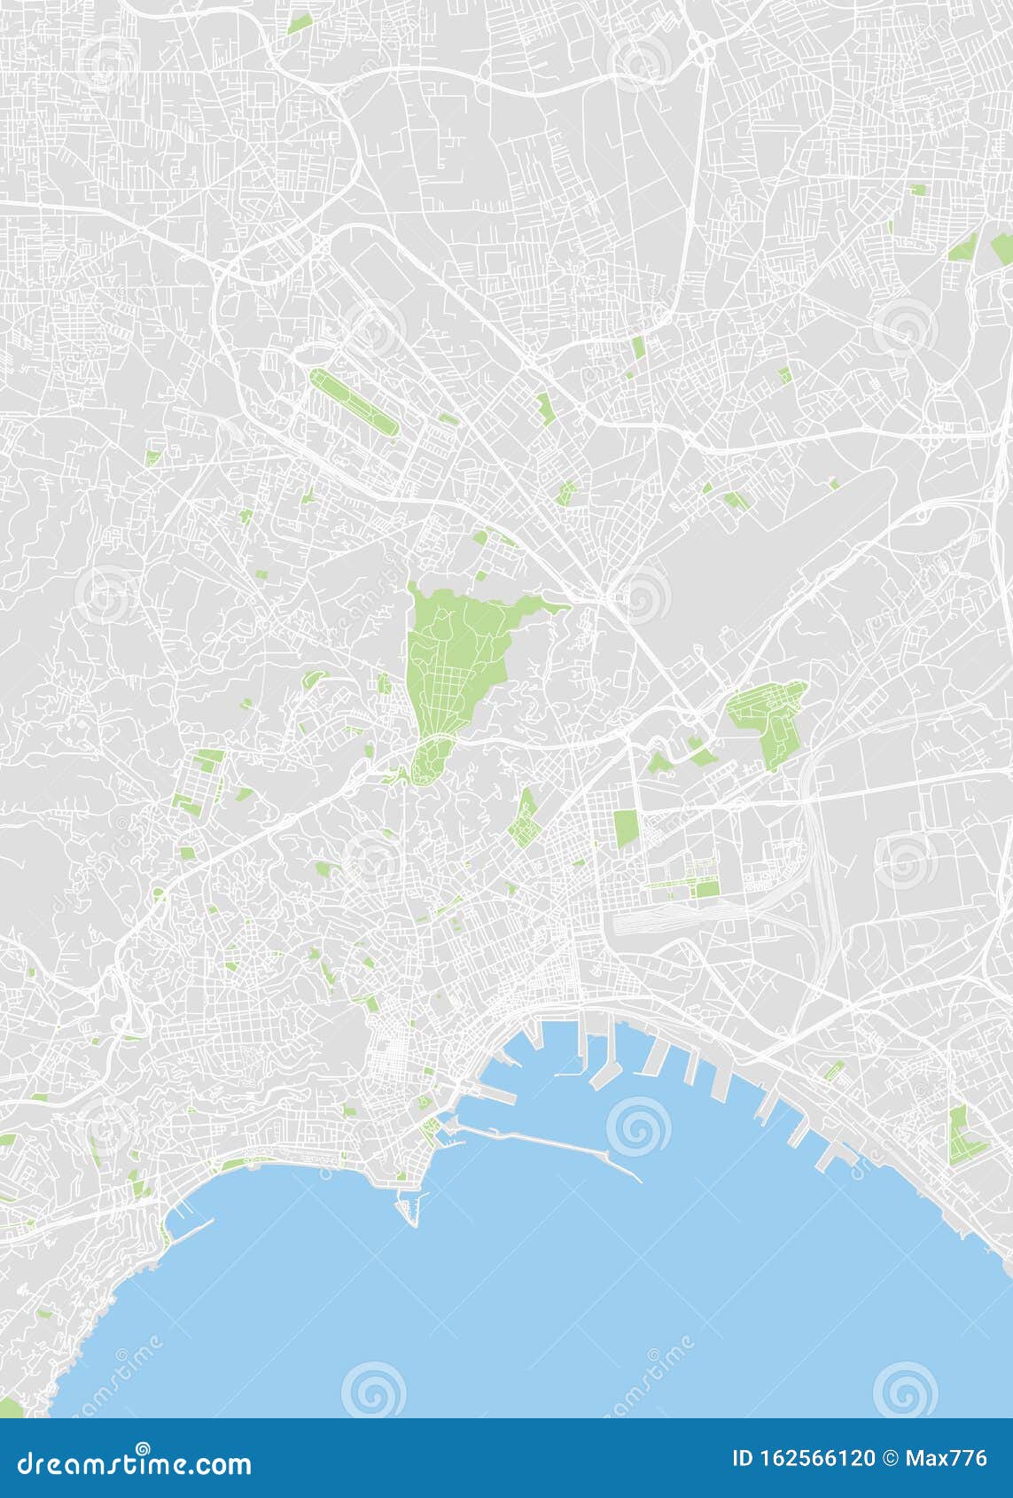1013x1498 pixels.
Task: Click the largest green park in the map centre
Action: tap(452, 656)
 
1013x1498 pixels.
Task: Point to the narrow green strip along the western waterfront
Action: tap(239, 1162)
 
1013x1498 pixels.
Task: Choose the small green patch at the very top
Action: tap(300, 23)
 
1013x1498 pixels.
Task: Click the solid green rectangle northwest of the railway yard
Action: tap(626, 827)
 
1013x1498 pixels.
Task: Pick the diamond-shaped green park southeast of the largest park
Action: tap(525, 817)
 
